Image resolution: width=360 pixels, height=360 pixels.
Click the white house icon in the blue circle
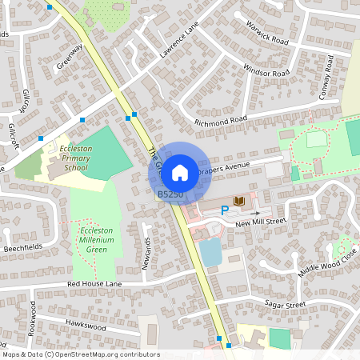tap(180, 172)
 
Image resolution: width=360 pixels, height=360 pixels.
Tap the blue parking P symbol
tap(225, 210)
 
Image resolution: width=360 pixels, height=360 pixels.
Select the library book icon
tap(238, 200)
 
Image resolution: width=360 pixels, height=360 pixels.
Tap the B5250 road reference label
tap(170, 194)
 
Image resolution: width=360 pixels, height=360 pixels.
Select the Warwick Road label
tap(267, 33)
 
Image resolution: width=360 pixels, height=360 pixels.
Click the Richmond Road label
tap(222, 121)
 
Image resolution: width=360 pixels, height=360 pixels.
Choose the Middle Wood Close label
tap(328, 261)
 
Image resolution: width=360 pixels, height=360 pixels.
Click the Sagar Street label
tap(284, 304)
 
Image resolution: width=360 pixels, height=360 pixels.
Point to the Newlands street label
tap(146, 254)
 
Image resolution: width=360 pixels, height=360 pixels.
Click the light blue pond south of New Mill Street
tap(210, 253)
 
